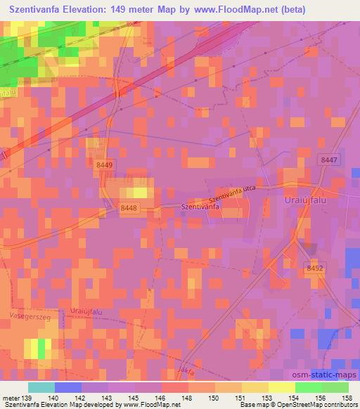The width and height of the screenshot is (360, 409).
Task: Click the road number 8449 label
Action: (x=104, y=164)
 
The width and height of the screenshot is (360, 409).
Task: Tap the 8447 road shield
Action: (x=327, y=160)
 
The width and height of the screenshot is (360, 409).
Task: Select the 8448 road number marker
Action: (x=129, y=207)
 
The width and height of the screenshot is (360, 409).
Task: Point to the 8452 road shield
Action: (x=315, y=267)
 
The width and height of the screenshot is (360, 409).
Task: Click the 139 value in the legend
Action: (x=27, y=397)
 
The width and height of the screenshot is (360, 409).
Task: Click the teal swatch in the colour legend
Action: (x=41, y=387)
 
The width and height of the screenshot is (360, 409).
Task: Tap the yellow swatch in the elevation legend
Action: (x=282, y=387)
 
